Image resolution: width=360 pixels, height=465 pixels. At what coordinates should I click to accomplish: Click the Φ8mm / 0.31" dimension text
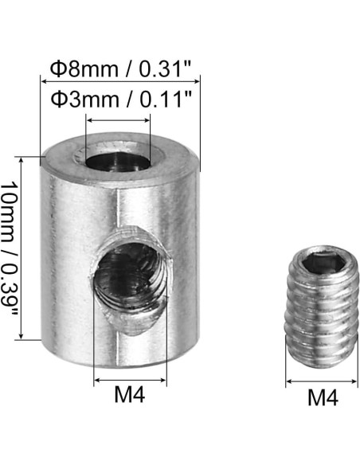point(119,69)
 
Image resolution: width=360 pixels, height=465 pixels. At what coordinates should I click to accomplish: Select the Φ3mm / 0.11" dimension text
point(121,100)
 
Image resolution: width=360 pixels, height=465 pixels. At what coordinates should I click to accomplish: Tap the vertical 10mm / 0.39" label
point(10,248)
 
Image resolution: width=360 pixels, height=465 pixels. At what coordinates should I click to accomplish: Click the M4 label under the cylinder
point(130,394)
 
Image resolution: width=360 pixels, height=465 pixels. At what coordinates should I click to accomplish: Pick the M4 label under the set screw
point(323,397)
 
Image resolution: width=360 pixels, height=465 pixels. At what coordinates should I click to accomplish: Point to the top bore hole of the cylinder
point(118,162)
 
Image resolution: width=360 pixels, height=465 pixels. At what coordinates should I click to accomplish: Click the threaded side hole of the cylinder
point(131,278)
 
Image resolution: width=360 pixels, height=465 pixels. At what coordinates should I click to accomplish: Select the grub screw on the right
point(322,307)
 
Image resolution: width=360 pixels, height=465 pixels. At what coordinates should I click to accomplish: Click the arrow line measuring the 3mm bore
point(118,120)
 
